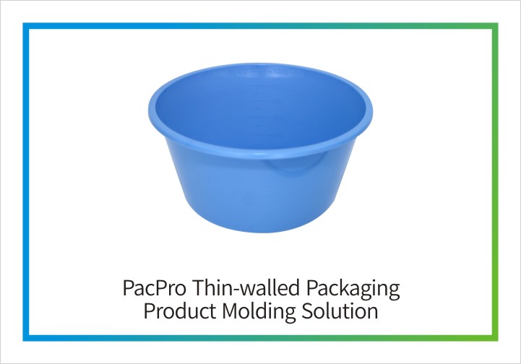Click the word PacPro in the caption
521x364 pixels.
pyautogui.click(x=154, y=287)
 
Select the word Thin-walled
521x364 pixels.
pyautogui.click(x=246, y=287)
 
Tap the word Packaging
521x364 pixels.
pyautogui.click(x=353, y=290)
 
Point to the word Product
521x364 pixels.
pyautogui.click(x=179, y=311)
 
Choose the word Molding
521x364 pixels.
pyautogui.click(x=259, y=312)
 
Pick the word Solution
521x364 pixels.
pyautogui.click(x=340, y=311)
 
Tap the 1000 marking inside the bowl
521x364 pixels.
pyautogui.click(x=280, y=71)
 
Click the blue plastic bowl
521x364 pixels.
pyautogui.click(x=260, y=148)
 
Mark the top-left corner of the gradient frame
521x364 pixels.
pyautogui.click(x=23, y=23)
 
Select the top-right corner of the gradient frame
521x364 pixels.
pyautogui.click(x=498, y=23)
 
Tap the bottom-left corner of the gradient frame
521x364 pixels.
pyautogui.click(x=23, y=341)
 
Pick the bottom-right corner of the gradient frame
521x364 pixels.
pyautogui.click(x=498, y=341)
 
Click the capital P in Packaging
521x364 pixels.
pyautogui.click(x=311, y=287)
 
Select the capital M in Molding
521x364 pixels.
pyautogui.click(x=231, y=311)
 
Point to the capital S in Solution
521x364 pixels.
pyautogui.click(x=307, y=311)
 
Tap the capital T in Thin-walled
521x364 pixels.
pyautogui.click(x=199, y=287)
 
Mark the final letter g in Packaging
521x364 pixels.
pyautogui.click(x=394, y=292)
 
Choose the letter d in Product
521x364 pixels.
pyautogui.click(x=183, y=311)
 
